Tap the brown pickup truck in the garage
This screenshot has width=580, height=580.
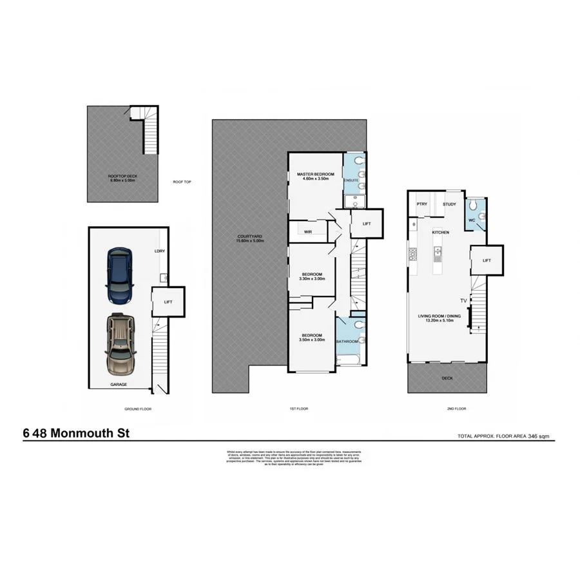(x=121, y=345)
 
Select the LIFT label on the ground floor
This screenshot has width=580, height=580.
(x=168, y=302)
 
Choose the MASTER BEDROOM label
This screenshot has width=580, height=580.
(x=315, y=175)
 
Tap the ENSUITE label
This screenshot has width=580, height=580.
(x=351, y=180)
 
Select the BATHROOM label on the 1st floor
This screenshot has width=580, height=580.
(x=348, y=340)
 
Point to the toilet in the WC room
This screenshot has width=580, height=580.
(x=474, y=205)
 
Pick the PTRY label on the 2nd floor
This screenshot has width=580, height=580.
(x=422, y=204)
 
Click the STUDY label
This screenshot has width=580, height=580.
(x=449, y=204)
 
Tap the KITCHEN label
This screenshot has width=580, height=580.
(x=440, y=232)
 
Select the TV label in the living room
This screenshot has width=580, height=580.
(x=463, y=301)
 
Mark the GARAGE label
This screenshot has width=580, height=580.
(x=118, y=385)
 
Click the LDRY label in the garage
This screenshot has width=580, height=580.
(x=159, y=251)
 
